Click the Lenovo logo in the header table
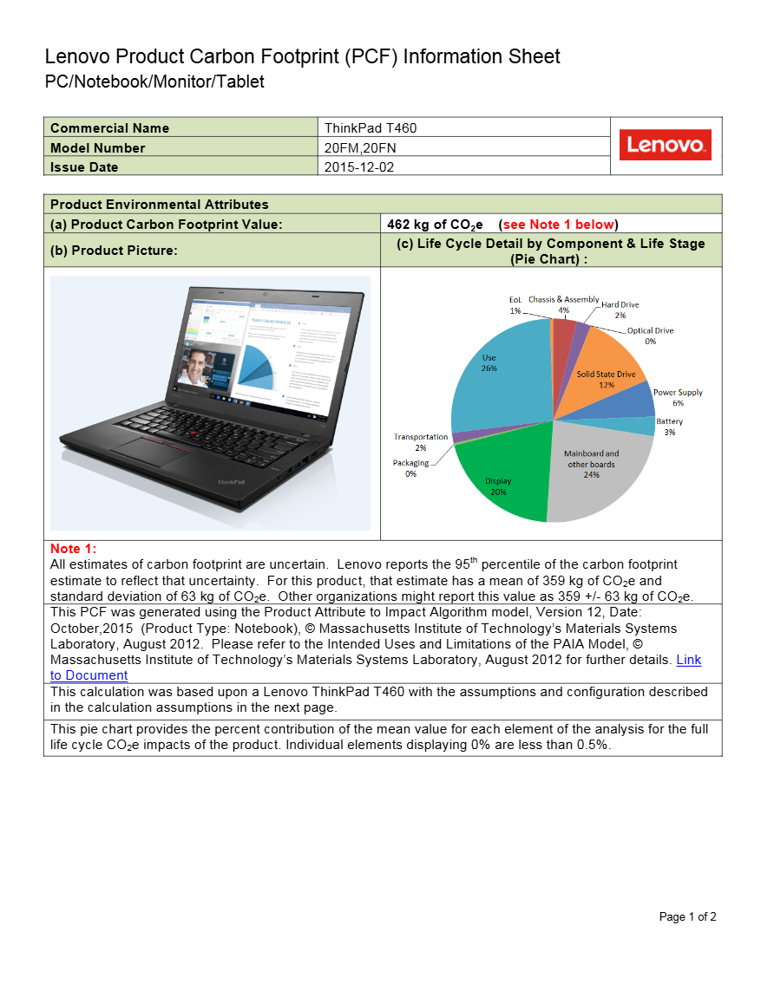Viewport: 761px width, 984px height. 666,145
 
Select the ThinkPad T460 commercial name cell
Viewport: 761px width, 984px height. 371,128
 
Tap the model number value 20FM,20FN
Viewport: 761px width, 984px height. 360,148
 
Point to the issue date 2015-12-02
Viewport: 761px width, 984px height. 359,167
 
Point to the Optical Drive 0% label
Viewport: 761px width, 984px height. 650,336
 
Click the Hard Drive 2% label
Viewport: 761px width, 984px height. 620,310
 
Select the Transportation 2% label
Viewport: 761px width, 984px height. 421,442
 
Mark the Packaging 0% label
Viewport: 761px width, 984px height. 410,468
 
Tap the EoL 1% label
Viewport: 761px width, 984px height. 515,304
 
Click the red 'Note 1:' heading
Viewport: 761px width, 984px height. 74,549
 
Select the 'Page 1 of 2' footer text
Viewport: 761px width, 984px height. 687,917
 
